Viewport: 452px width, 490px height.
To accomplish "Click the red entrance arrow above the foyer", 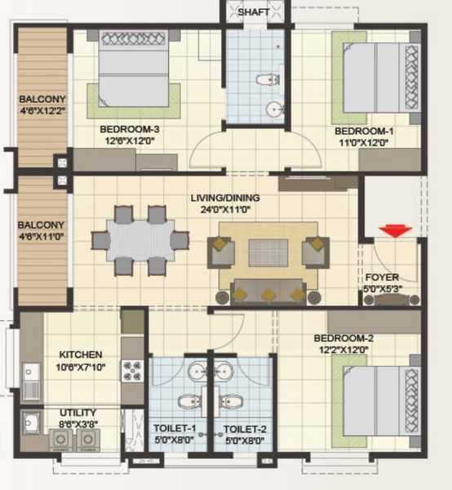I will pyautogui.click(x=397, y=231).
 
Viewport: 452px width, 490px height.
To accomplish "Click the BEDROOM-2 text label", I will pyautogui.click(x=340, y=337).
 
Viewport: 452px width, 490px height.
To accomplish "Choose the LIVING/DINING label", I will pyautogui.click(x=224, y=198).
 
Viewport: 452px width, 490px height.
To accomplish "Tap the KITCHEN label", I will pyautogui.click(x=80, y=354).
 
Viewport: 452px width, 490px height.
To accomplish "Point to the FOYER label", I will pyautogui.click(x=381, y=277).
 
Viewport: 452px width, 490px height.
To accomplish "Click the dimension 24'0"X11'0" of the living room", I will pyautogui.click(x=224, y=210).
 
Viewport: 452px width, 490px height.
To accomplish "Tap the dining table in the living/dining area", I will pyautogui.click(x=140, y=241).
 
